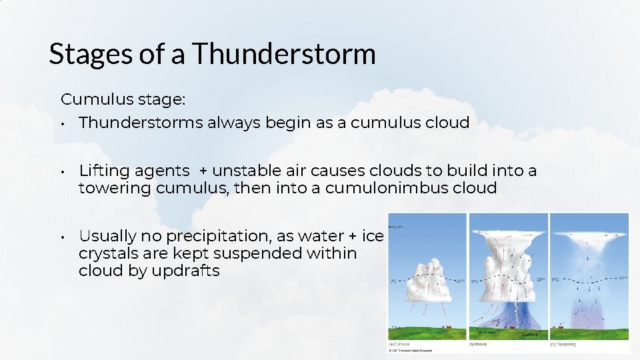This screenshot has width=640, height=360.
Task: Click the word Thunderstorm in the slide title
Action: tap(285, 54)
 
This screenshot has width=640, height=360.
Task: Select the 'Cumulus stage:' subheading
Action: tap(123, 99)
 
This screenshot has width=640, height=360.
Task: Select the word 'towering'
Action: tap(115, 188)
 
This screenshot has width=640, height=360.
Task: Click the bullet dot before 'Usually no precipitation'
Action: tap(61, 237)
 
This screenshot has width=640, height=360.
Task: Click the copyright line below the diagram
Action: tap(410, 350)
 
